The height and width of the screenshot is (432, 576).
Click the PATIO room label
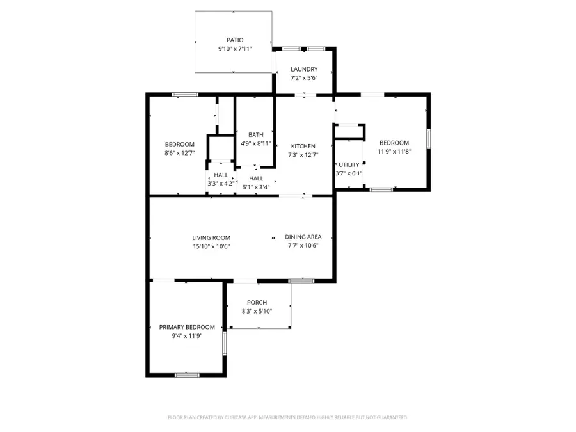pyautogui.click(x=235, y=40)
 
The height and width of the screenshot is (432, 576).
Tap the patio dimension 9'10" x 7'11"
pyautogui.click(x=235, y=49)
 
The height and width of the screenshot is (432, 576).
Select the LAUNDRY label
pyautogui.click(x=304, y=69)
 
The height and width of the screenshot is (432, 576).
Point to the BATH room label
pyautogui.click(x=256, y=134)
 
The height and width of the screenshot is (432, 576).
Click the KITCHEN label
pyautogui.click(x=303, y=146)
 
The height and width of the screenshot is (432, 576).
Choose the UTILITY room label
pyautogui.click(x=349, y=164)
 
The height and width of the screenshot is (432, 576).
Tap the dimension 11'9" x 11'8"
pyautogui.click(x=394, y=152)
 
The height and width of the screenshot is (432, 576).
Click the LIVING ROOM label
pyautogui.click(x=211, y=237)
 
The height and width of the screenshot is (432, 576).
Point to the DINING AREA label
pyautogui.click(x=303, y=237)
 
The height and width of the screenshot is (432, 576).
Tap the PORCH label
pyautogui.click(x=257, y=303)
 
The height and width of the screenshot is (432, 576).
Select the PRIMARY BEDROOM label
pyautogui.click(x=187, y=327)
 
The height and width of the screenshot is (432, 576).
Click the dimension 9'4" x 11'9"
pyautogui.click(x=187, y=335)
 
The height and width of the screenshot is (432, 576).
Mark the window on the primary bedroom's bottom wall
pyautogui.click(x=187, y=374)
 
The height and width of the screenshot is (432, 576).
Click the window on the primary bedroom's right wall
pyautogui.click(x=224, y=344)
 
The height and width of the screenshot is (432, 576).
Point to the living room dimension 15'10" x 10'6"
pyautogui.click(x=211, y=246)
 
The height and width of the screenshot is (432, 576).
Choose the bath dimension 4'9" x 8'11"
pyautogui.click(x=256, y=143)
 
